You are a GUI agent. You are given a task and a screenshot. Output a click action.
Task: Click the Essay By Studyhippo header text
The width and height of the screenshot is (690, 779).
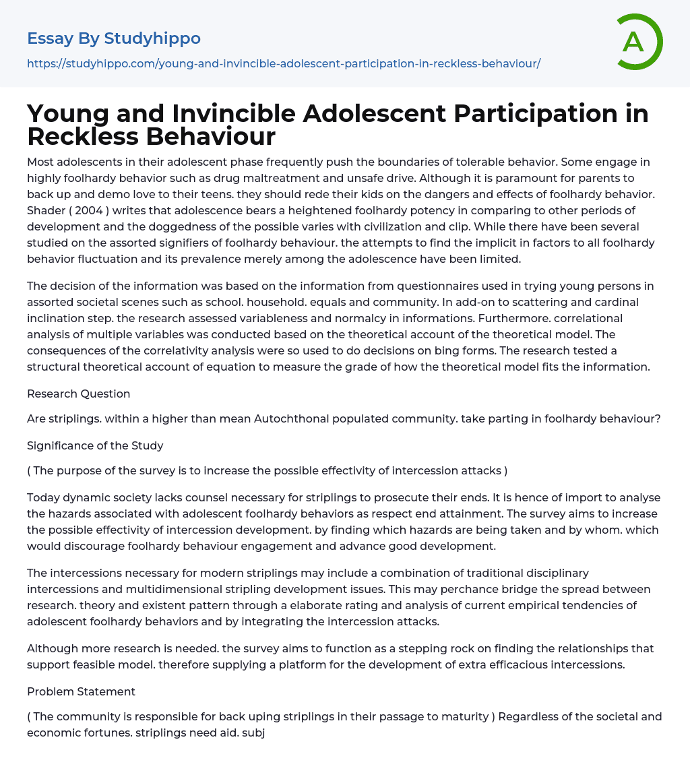tap(114, 38)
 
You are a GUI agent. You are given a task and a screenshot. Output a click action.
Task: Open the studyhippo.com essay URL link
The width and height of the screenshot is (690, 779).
tap(284, 63)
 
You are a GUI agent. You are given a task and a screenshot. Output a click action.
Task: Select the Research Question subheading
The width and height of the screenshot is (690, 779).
tap(79, 394)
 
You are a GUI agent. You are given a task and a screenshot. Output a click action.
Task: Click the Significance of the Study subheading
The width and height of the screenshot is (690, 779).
tap(95, 445)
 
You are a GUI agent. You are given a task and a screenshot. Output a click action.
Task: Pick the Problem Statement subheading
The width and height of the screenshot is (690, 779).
tap(81, 691)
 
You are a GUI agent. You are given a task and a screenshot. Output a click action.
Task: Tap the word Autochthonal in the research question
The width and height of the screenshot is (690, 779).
tap(297, 419)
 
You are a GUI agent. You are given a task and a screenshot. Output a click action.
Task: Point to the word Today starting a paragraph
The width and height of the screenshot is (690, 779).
tap(44, 497)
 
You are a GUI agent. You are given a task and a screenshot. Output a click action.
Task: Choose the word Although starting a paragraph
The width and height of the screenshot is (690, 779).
tap(52, 648)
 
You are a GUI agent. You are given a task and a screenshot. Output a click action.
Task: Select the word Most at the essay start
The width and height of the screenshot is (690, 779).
tap(40, 162)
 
